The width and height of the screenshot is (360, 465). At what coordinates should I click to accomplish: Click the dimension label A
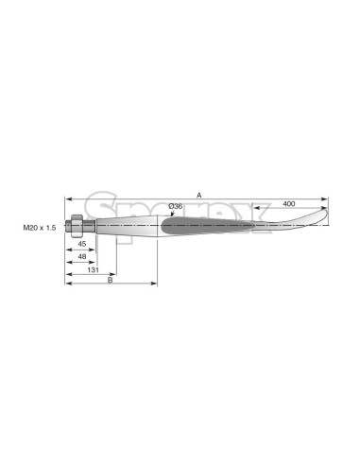click(x=198, y=196)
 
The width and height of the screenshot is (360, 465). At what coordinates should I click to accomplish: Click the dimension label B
click(x=111, y=280)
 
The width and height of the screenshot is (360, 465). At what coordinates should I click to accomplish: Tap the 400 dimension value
click(x=289, y=204)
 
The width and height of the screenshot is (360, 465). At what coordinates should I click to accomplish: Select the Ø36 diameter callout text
click(x=176, y=206)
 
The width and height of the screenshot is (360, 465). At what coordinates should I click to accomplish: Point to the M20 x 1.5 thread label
click(x=40, y=228)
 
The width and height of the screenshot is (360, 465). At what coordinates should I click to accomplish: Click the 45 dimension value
click(x=82, y=244)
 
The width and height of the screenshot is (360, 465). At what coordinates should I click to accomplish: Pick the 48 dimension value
click(x=82, y=256)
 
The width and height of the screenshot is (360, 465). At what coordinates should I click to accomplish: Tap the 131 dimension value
click(x=93, y=269)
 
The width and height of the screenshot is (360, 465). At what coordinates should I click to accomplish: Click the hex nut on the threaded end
click(x=77, y=226)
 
